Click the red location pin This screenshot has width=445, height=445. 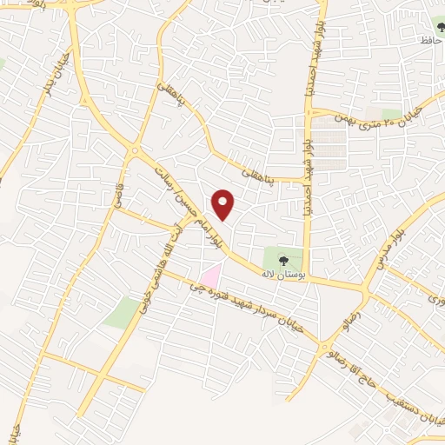224,204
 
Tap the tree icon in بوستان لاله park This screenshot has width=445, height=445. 281,258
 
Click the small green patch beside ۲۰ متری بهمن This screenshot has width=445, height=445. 393,115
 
